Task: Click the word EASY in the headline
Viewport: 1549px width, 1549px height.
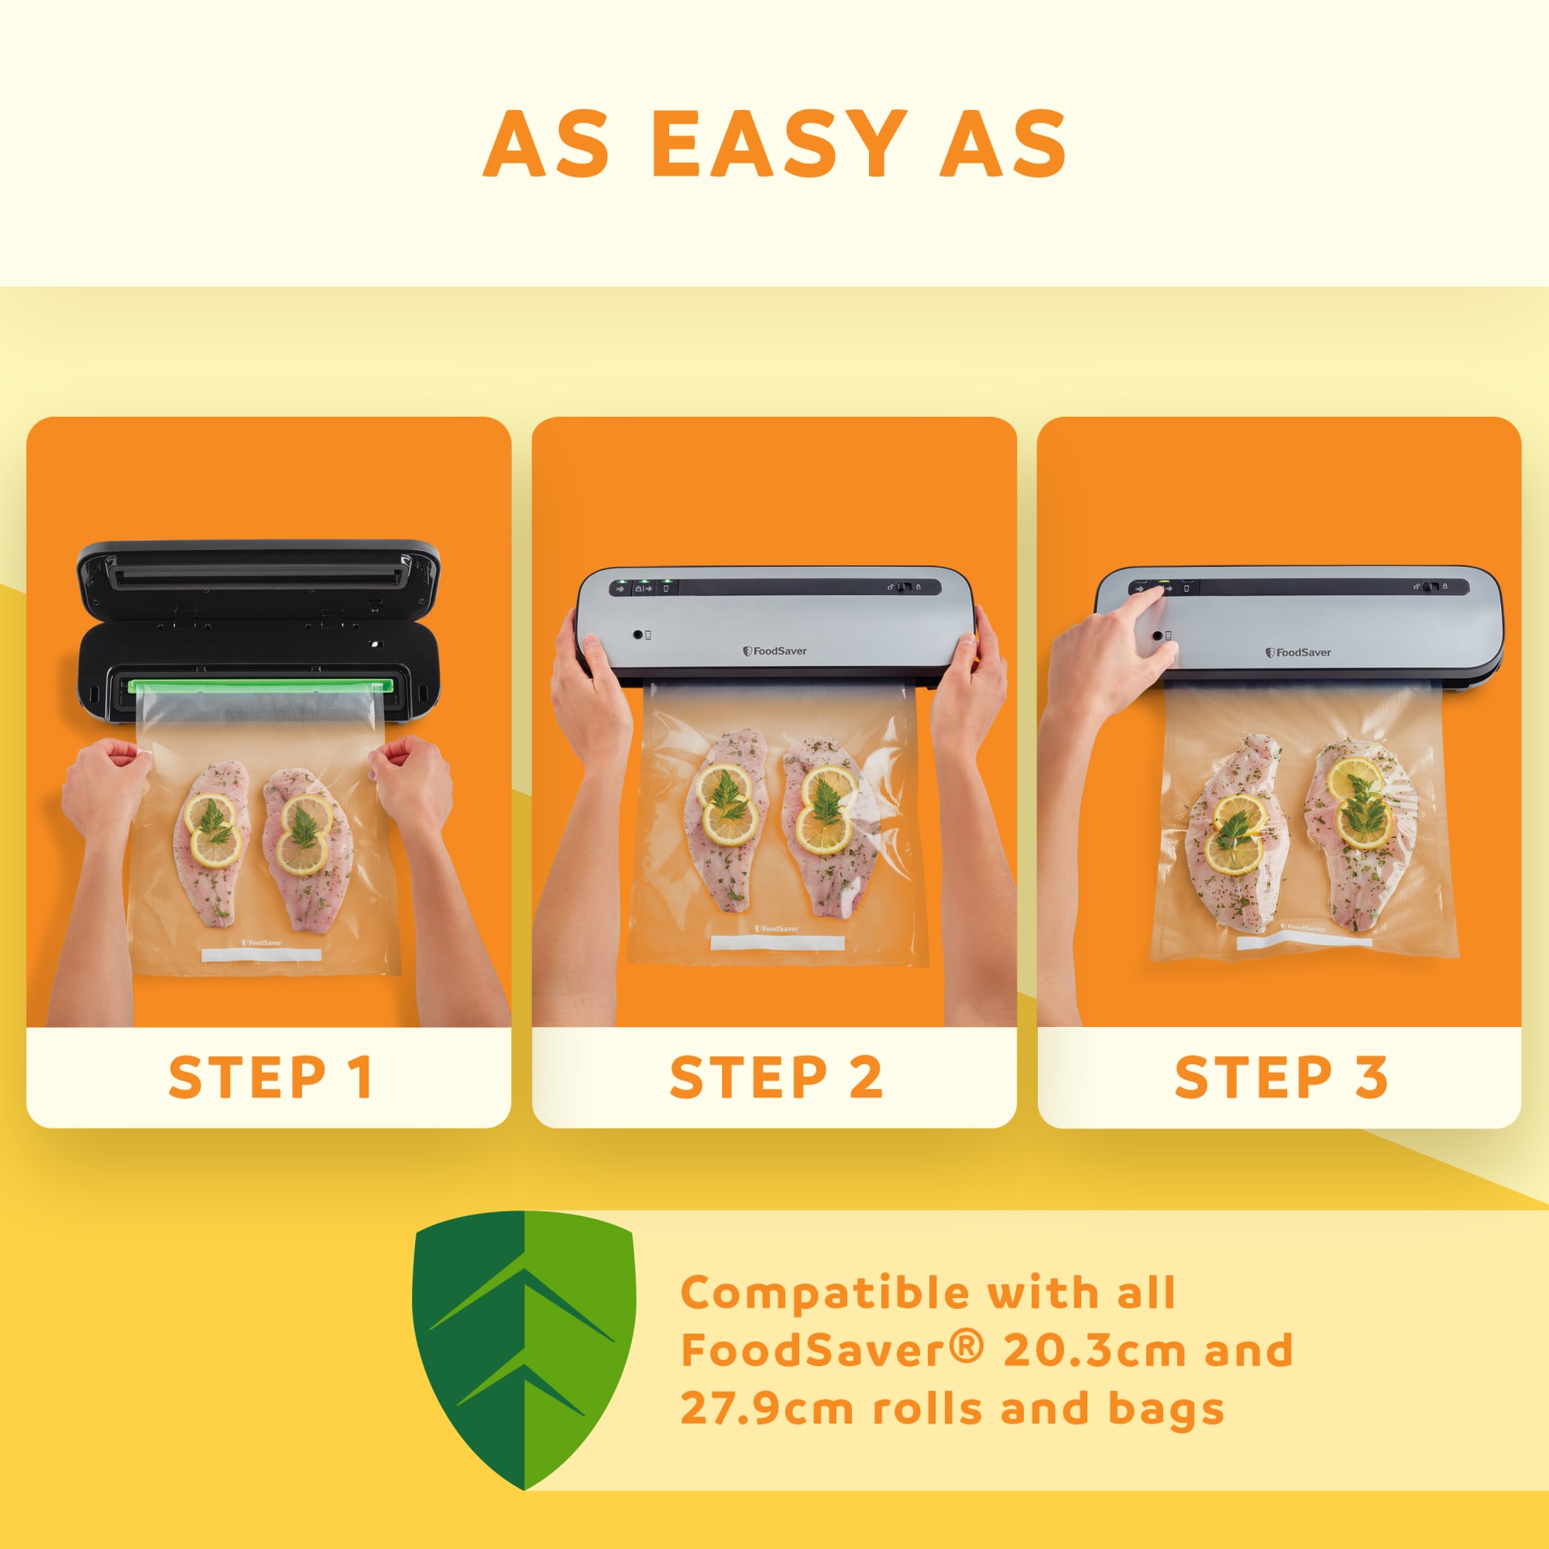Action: click(778, 143)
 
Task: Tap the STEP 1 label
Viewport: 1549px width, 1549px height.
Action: click(270, 1077)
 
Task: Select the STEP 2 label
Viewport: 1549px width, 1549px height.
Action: click(775, 1077)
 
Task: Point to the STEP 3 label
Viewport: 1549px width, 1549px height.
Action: click(1280, 1077)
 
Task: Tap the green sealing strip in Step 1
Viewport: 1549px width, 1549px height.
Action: click(260, 685)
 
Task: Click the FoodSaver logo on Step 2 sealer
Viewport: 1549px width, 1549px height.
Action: click(774, 651)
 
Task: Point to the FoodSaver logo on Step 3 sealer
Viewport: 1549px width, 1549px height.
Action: click(1298, 653)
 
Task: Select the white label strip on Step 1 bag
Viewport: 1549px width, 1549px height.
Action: click(260, 956)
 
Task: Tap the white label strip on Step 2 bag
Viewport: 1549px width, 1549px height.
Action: click(777, 943)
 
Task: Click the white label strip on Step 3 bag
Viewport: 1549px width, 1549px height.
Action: click(1303, 943)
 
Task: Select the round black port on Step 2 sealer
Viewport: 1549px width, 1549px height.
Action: click(638, 634)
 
